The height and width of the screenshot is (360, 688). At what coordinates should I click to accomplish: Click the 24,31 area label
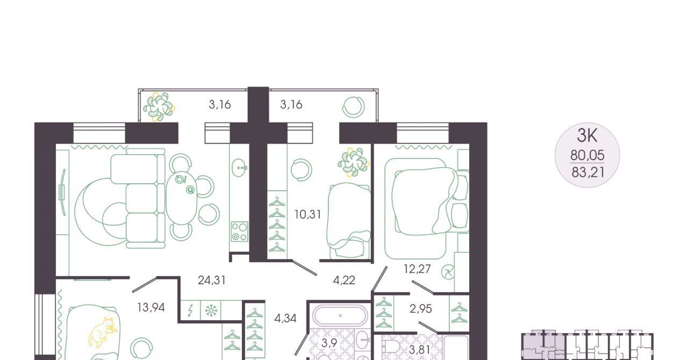click(212, 280)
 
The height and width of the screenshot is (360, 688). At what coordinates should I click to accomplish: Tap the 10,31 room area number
click(308, 214)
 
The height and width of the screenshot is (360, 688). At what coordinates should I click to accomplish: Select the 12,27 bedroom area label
click(417, 269)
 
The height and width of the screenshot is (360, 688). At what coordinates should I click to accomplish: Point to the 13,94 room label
click(151, 307)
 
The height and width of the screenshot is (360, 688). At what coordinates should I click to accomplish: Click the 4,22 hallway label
click(344, 280)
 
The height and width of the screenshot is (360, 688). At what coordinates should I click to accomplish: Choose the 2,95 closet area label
click(421, 309)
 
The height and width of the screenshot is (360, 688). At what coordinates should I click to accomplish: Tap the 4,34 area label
click(285, 318)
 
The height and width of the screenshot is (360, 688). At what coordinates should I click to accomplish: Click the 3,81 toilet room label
click(420, 350)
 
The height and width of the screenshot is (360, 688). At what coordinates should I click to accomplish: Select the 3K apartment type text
click(587, 135)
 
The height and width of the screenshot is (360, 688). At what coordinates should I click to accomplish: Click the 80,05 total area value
click(587, 155)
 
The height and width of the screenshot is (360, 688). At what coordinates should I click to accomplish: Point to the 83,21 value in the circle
click(588, 172)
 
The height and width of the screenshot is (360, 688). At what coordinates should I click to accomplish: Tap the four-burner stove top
click(239, 232)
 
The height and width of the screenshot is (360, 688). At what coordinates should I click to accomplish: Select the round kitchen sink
click(240, 168)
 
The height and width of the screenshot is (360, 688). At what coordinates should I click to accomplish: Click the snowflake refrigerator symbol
click(211, 311)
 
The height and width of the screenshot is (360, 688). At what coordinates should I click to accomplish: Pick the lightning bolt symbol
click(190, 311)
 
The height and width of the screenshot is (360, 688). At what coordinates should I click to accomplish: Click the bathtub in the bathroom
click(340, 315)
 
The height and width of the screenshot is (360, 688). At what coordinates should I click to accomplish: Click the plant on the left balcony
click(159, 106)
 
